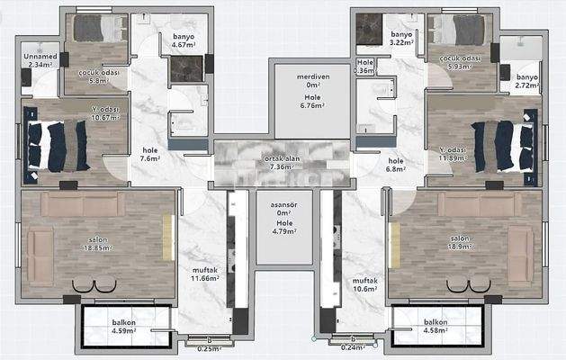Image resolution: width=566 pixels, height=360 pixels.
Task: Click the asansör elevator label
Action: pos(284,204)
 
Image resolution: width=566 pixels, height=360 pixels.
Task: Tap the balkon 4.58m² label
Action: pos(436,326)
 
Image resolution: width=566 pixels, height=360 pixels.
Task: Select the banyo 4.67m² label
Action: pos(184,40)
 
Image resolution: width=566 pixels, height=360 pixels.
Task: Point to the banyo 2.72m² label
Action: pos(526,83)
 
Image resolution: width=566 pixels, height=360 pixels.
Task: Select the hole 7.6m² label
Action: pos(149,155)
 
